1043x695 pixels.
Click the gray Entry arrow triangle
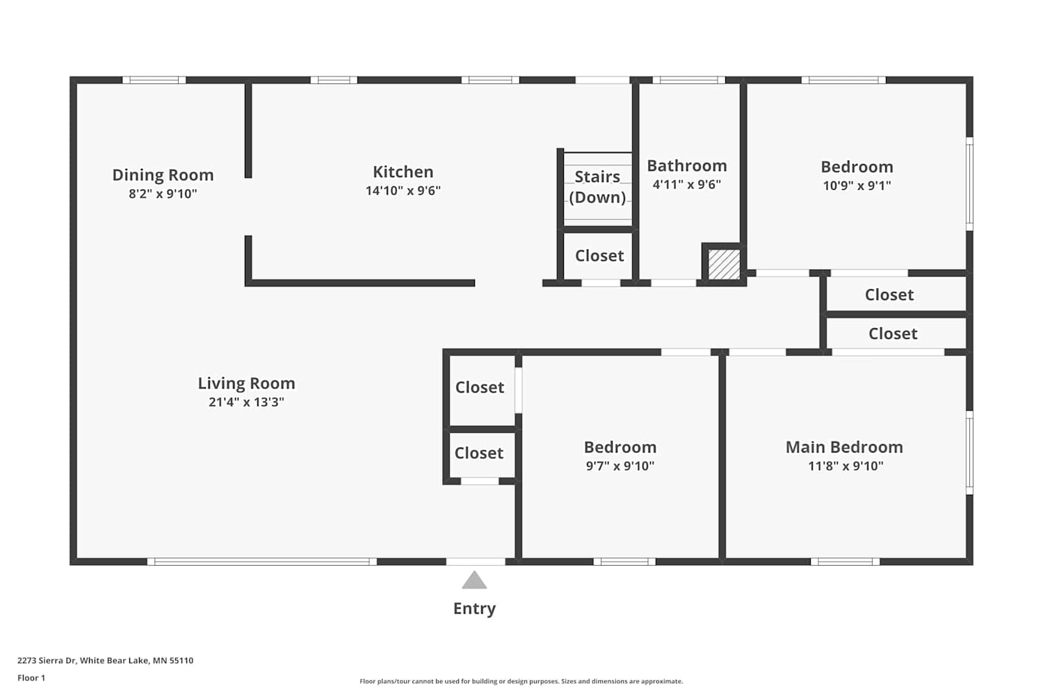[474, 580]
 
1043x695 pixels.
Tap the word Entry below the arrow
[474, 608]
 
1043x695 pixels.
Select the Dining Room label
[163, 175]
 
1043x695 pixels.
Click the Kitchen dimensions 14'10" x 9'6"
[403, 190]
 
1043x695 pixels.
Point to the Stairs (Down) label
[597, 187]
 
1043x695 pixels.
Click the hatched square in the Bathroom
[724, 264]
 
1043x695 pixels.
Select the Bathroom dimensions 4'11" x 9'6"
[687, 184]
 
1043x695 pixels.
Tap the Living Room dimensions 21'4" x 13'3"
[246, 402]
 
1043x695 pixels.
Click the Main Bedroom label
[844, 447]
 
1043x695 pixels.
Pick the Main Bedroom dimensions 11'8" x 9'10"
[846, 466]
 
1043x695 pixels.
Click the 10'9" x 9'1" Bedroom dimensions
[857, 186]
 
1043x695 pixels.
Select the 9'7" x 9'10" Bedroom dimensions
[620, 466]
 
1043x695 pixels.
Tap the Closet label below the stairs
[599, 256]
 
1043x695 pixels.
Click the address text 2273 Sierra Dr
[47, 660]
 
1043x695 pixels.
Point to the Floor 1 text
[31, 678]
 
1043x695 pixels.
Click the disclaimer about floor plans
[521, 681]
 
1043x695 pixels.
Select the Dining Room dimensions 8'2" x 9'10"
[163, 194]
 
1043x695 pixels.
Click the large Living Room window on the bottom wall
[262, 562]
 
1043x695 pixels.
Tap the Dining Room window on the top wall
[154, 80]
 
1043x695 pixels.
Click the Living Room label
[246, 383]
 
